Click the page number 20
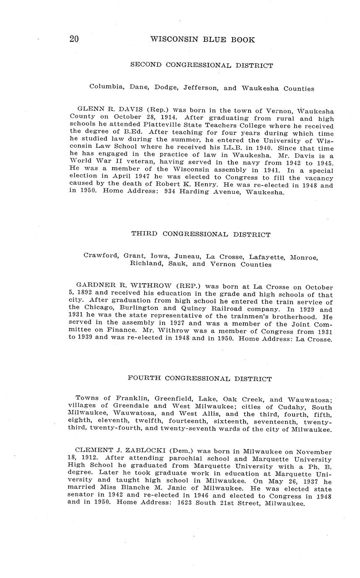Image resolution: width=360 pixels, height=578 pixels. click(74, 39)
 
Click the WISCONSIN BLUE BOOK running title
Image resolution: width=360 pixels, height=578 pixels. click(202, 40)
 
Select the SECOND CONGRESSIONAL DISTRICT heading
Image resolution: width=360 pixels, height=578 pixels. click(202, 65)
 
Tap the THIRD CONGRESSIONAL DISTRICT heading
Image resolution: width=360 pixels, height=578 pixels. click(201, 235)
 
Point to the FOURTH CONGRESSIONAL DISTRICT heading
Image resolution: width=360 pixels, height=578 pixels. click(199, 379)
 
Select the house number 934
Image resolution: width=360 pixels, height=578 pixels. click(161, 193)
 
